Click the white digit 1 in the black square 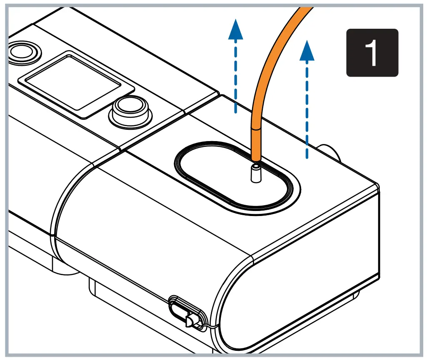point(372,53)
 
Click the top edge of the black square point(372,29)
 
